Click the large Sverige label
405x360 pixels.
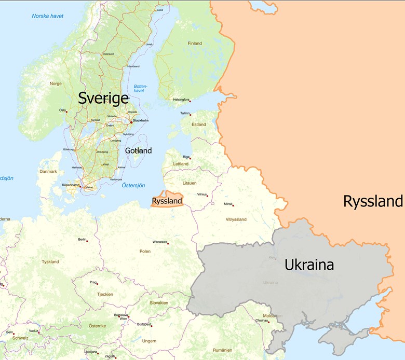click(103, 99)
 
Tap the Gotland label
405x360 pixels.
click(138, 150)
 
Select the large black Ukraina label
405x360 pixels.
click(309, 265)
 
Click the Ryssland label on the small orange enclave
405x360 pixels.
click(167, 201)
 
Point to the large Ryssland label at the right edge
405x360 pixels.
click(373, 201)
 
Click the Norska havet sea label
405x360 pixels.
click(48, 16)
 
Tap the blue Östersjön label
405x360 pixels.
click(133, 185)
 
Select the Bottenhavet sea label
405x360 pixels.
click(140, 88)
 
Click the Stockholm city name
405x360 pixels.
click(141, 120)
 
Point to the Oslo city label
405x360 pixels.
click(62, 110)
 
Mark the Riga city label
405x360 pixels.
click(186, 156)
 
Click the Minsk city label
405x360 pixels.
click(228, 204)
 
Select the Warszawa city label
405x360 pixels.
click(160, 242)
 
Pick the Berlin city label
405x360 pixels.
click(82, 239)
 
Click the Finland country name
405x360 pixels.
click(195, 43)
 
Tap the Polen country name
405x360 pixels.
click(145, 251)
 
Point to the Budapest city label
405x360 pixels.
click(144, 324)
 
